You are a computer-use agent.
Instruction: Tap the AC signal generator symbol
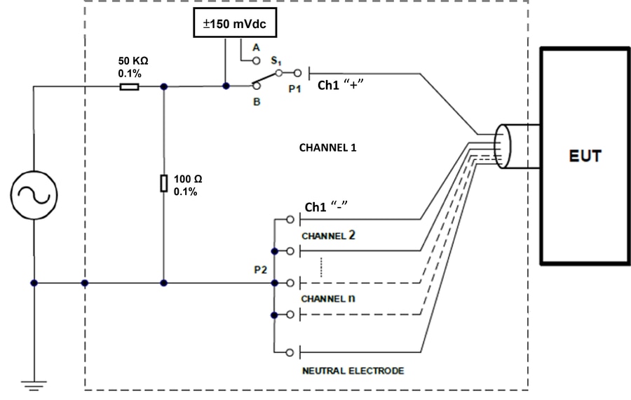point(34,195)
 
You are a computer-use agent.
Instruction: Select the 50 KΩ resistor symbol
point(129,86)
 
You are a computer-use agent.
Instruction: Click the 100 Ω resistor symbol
point(164,183)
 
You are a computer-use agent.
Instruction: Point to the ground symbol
point(34,385)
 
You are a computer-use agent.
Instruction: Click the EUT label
point(585,156)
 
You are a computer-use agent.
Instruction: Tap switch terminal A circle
point(257,61)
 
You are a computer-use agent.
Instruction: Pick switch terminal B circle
point(257,86)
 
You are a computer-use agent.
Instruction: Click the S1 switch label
point(276,60)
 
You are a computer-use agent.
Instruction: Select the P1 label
point(294,88)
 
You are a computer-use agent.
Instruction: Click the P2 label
point(260,269)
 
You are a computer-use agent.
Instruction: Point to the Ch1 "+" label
point(341,85)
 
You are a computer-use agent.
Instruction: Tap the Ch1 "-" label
point(326,206)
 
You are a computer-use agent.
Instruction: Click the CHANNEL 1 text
point(327,148)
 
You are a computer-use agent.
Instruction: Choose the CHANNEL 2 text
point(328,235)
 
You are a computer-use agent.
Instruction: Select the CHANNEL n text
point(328,298)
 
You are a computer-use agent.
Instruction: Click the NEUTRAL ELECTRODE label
point(353,371)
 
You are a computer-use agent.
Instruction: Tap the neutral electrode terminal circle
point(290,353)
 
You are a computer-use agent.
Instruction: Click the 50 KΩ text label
point(133,61)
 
